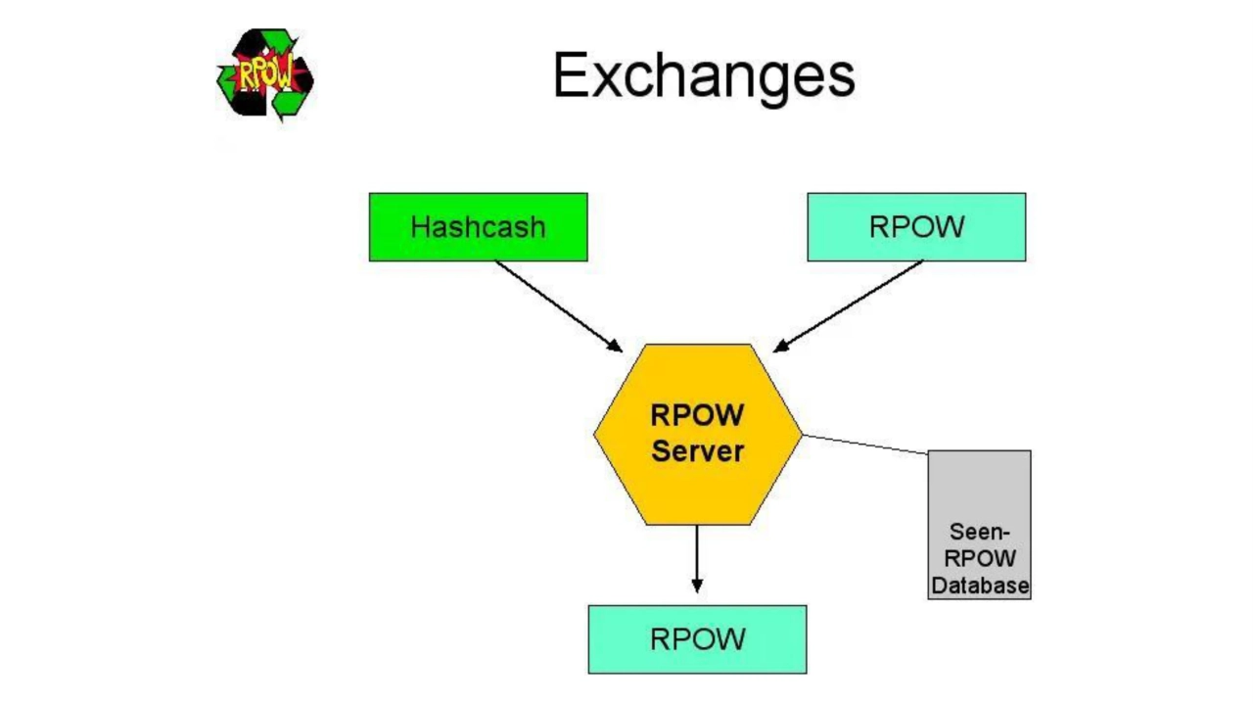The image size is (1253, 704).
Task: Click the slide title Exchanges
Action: click(703, 75)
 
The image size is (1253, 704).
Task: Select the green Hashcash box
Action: click(478, 227)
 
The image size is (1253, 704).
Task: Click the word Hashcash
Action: click(478, 227)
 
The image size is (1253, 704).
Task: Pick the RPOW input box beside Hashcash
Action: click(916, 227)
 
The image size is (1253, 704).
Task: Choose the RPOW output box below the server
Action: click(697, 639)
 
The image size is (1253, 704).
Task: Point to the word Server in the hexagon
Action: click(697, 451)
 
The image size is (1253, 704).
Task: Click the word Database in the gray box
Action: click(979, 586)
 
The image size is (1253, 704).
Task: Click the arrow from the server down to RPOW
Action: click(697, 553)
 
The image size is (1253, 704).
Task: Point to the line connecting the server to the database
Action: click(864, 445)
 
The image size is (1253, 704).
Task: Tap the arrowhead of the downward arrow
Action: click(697, 585)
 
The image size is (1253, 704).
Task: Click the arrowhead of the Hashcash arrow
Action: click(615, 346)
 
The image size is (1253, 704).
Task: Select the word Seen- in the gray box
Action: click(979, 533)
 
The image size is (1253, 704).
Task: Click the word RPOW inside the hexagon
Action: click(697, 415)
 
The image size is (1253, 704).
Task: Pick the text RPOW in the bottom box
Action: click(697, 639)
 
